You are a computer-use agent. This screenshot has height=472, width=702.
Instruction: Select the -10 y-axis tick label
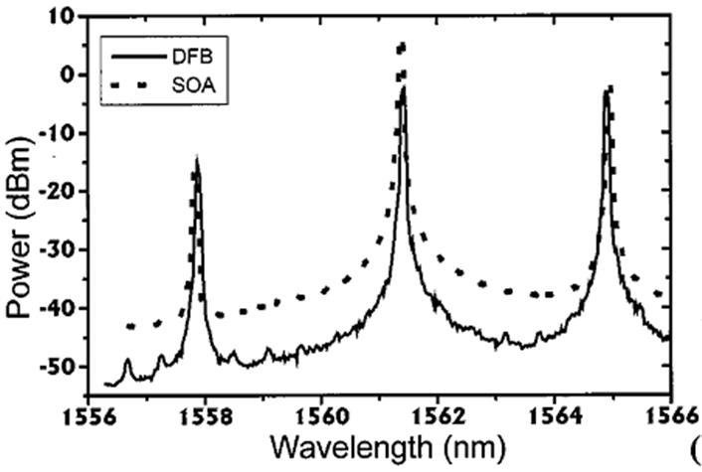coord(57,134)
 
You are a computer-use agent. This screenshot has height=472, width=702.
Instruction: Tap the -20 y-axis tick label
coord(57,192)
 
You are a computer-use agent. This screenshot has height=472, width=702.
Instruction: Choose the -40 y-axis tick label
coord(57,309)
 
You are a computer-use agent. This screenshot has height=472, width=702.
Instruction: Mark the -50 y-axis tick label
coord(57,368)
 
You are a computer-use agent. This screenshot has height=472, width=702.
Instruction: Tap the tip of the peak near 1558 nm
coord(197,158)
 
